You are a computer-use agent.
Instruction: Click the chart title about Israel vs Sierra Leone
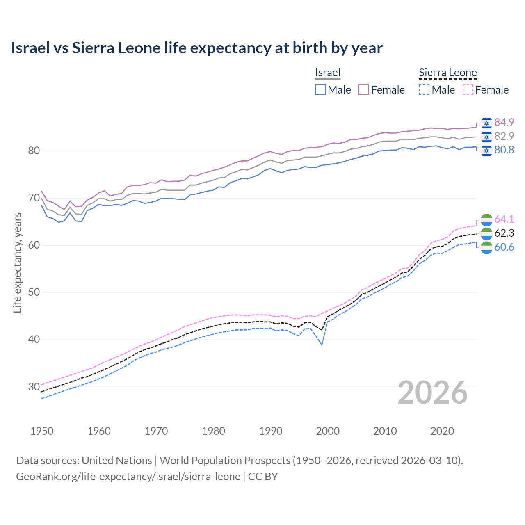click(196, 48)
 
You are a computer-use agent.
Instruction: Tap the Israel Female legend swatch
click(364, 90)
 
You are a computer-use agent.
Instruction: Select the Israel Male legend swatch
click(320, 90)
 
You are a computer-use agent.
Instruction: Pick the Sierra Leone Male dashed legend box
click(424, 90)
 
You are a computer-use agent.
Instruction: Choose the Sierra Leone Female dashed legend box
click(468, 90)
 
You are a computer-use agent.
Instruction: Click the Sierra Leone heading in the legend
click(447, 73)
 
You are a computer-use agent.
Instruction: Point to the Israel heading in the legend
click(328, 73)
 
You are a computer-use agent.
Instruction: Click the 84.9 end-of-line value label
click(504, 122)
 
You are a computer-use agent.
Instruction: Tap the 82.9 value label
click(504, 136)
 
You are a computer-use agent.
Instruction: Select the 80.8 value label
click(504, 150)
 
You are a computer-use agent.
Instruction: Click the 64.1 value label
click(504, 219)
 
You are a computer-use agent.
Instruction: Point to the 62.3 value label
click(504, 233)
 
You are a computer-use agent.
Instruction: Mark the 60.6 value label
click(504, 247)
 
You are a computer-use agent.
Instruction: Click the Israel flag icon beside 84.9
click(486, 123)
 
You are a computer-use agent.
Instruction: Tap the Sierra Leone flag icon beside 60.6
click(486, 247)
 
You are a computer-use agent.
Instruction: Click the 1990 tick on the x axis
click(271, 431)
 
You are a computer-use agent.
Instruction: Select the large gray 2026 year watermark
click(433, 393)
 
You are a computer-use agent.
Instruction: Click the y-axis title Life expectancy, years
click(17, 262)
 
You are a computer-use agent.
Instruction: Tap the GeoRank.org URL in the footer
click(128, 477)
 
